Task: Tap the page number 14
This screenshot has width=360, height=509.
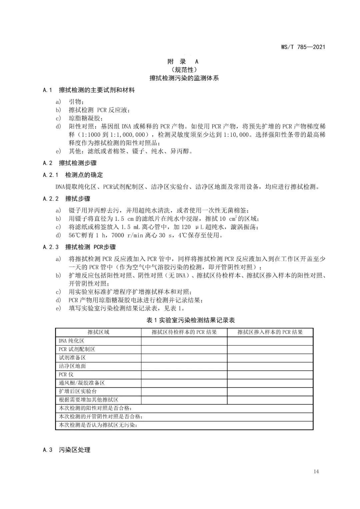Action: pyautogui.click(x=316, y=471)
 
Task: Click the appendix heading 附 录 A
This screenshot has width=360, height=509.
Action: pyautogui.click(x=183, y=62)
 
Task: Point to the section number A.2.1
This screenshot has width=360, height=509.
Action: pyautogui.click(x=50, y=175)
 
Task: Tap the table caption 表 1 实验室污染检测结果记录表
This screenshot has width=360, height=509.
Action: pyautogui.click(x=191, y=320)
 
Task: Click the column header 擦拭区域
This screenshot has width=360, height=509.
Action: pyautogui.click(x=98, y=332)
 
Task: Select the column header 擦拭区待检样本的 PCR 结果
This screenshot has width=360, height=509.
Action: pyautogui.click(x=184, y=332)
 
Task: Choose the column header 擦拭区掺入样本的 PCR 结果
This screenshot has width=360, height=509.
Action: pyautogui.click(x=270, y=332)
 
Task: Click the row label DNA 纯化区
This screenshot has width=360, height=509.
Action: pyautogui.click(x=71, y=341)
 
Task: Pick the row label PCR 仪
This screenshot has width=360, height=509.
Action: pyautogui.click(x=66, y=374)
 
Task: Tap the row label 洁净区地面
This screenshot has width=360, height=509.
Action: pyautogui.click(x=72, y=366)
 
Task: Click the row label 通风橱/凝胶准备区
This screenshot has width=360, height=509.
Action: pyautogui.click(x=82, y=383)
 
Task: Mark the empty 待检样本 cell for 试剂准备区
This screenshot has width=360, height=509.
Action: pyautogui.click(x=184, y=358)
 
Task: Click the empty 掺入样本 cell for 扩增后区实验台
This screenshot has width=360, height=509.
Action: pyautogui.click(x=270, y=391)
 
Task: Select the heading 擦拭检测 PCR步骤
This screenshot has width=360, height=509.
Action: pyautogui.click(x=91, y=247)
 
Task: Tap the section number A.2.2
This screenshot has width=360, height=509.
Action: pyautogui.click(x=50, y=199)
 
